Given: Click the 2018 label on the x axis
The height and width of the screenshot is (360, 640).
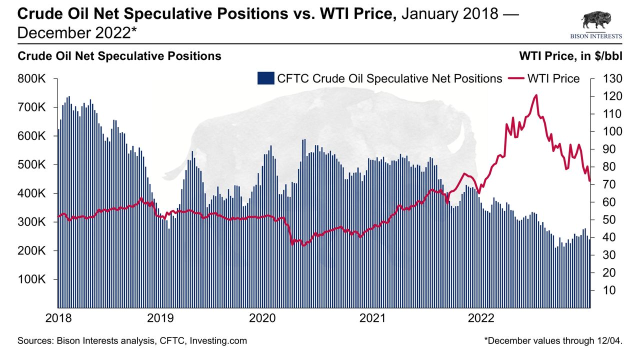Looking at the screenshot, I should coord(58,318).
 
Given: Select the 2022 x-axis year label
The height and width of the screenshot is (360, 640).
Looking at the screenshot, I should coord(481,318).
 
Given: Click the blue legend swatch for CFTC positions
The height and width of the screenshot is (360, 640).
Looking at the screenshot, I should coord(265,78).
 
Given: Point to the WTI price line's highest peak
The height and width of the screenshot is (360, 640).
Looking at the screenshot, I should coord(535,95).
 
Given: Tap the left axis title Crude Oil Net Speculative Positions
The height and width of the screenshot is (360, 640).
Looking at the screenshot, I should coord(119,56).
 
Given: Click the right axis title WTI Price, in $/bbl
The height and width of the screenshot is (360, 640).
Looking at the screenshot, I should coord(570,56).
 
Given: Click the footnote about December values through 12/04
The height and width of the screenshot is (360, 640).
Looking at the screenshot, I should coord(553,341).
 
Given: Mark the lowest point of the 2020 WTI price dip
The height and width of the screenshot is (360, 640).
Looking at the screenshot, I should coord(292,245).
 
